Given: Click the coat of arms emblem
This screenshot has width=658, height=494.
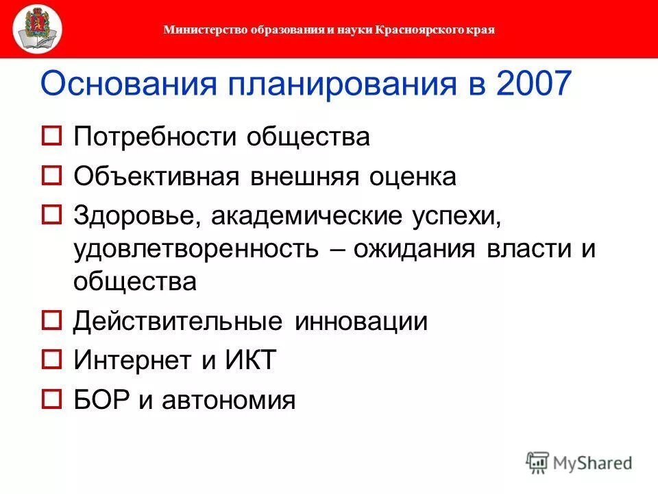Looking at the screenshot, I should [36, 29].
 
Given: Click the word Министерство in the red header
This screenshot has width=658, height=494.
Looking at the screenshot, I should [197, 30].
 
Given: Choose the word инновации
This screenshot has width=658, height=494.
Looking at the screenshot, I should [362, 322].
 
